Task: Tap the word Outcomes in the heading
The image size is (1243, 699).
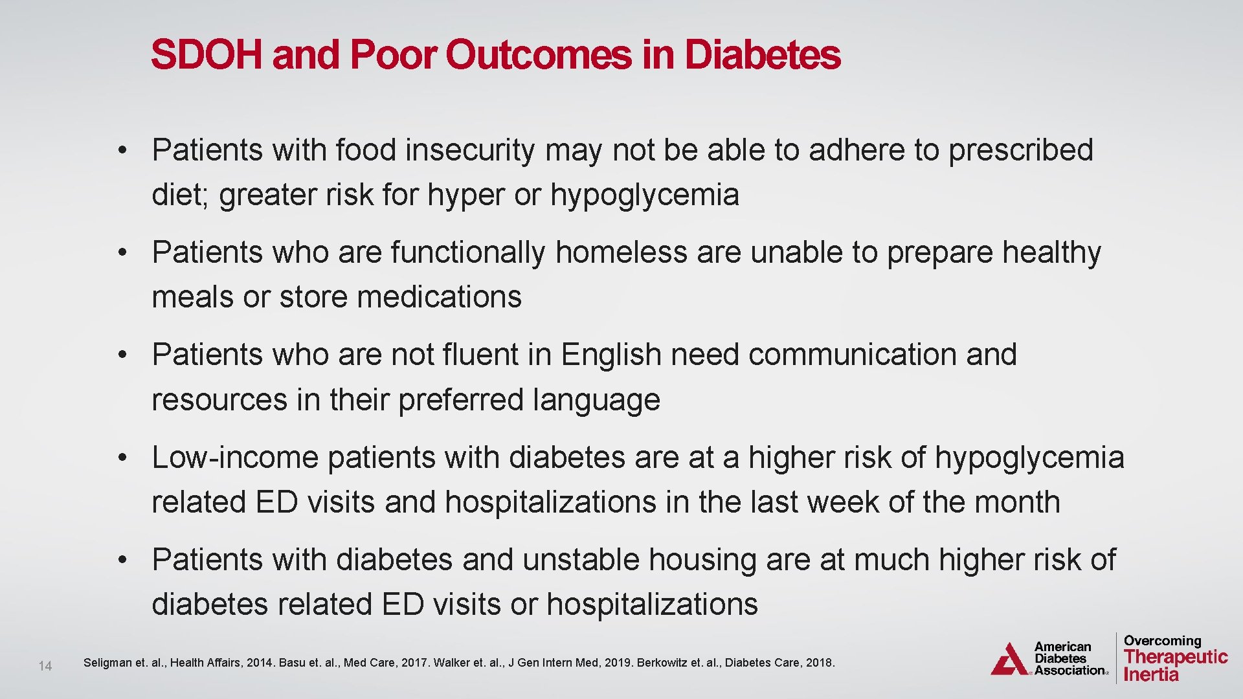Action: tap(538, 54)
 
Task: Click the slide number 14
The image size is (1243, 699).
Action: tap(45, 666)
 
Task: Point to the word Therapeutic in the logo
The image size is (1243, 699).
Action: tap(1176, 657)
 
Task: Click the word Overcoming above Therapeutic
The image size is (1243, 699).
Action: tap(1162, 641)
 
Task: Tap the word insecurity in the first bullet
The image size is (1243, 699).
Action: tap(470, 150)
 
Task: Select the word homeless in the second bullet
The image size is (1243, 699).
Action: tap(621, 252)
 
